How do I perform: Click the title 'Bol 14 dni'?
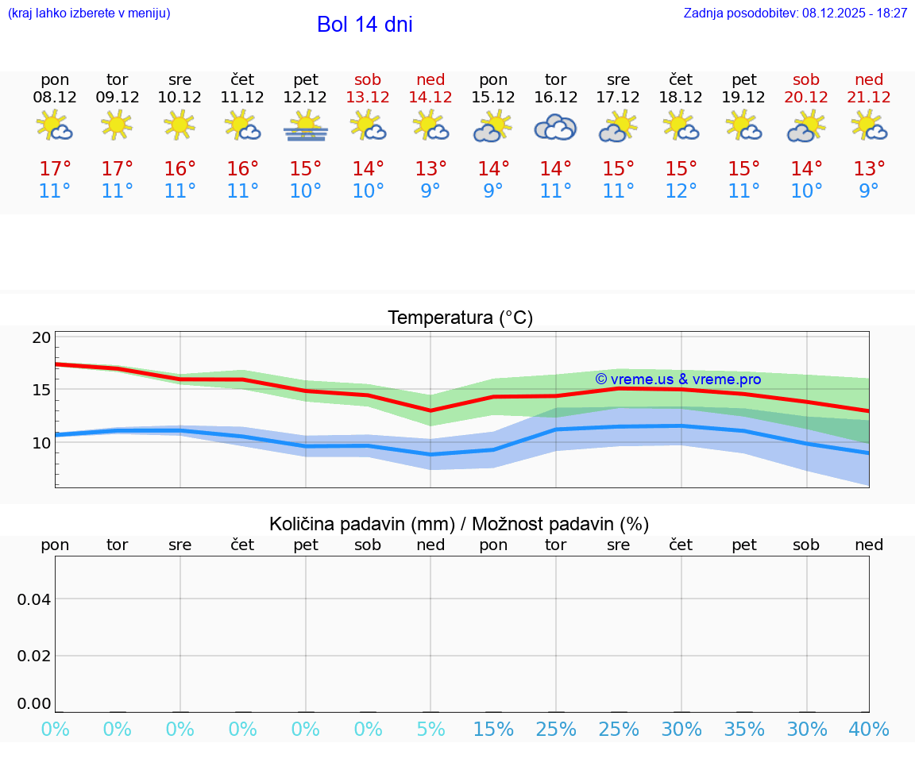click(x=365, y=25)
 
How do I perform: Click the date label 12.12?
click(x=306, y=97)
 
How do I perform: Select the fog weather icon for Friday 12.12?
click(x=306, y=125)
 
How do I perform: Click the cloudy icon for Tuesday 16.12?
click(x=555, y=127)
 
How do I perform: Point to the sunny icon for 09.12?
click(x=118, y=125)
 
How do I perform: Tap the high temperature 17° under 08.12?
click(x=55, y=169)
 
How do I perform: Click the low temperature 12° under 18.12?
click(x=681, y=191)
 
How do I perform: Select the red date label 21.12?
click(x=869, y=97)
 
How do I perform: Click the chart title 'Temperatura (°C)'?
click(x=460, y=318)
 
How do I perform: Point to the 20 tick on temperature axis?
click(x=42, y=337)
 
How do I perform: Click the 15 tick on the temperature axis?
click(x=42, y=390)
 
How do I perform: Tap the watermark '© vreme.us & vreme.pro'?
click(x=678, y=379)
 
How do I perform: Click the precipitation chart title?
click(x=459, y=524)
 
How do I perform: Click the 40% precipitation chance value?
click(x=869, y=730)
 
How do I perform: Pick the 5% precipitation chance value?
click(x=430, y=730)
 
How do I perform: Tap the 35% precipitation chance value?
click(x=744, y=730)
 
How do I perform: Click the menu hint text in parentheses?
click(x=89, y=13)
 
